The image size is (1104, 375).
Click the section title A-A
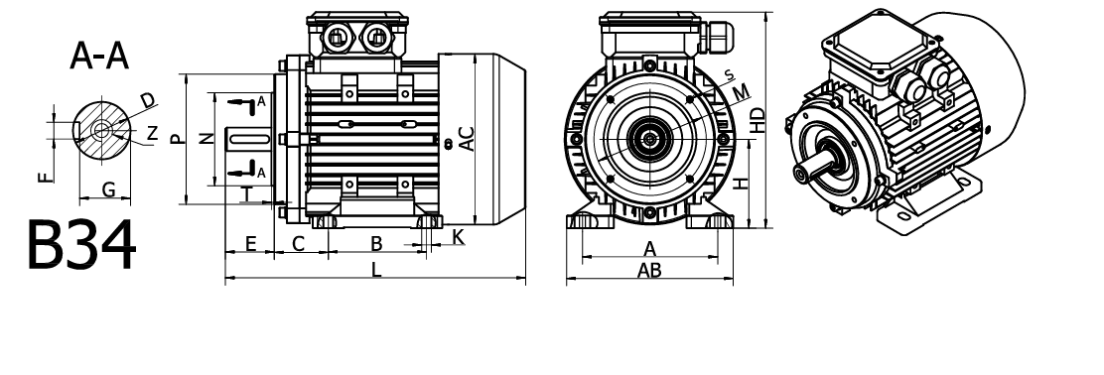[x=99, y=57]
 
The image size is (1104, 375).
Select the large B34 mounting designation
[x=81, y=245]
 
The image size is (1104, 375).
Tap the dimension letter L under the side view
[x=376, y=269]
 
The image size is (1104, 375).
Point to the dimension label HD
[x=757, y=120]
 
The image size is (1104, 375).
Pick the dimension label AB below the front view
[x=649, y=270]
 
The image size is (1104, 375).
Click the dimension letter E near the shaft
[x=250, y=244]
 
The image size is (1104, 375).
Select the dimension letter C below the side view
[x=299, y=244]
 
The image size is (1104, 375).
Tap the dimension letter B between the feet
[x=376, y=243]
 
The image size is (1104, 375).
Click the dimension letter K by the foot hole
[x=459, y=237]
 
